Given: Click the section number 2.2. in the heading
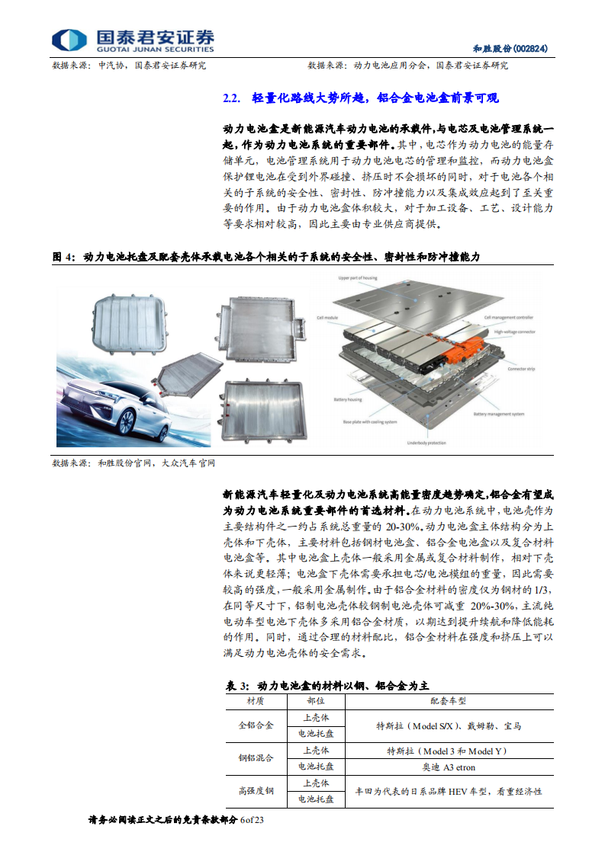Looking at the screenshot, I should [230, 98].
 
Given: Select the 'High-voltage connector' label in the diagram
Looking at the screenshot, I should [515, 331].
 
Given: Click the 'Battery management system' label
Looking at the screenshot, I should [498, 414].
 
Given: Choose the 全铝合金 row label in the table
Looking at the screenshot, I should [256, 725].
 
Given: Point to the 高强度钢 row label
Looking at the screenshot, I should [256, 791].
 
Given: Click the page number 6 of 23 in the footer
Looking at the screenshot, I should [251, 820].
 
